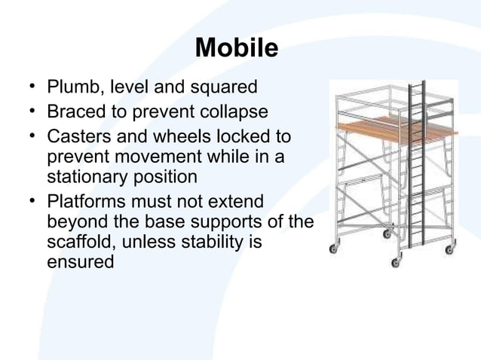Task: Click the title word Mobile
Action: coord(237,48)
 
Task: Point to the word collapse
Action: coord(233,113)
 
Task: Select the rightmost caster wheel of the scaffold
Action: coord(449,249)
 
